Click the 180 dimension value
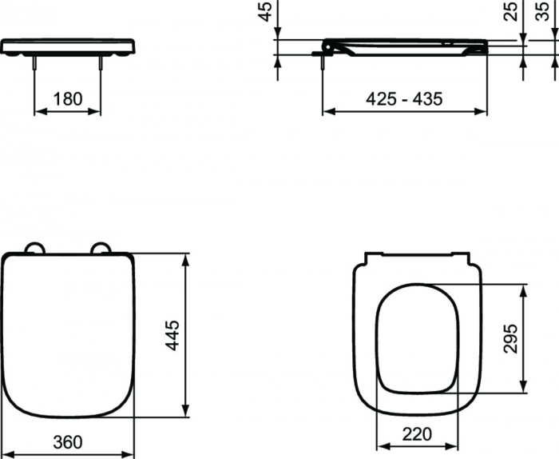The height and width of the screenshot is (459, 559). tap(68, 99)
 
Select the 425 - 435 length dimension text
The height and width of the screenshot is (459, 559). tap(404, 99)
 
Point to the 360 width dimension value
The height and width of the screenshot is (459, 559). tap(67, 442)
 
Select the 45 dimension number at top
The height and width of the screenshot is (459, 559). tap(266, 11)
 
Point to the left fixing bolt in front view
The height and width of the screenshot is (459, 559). tap(34, 64)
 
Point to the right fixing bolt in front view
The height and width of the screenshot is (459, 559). tap(101, 64)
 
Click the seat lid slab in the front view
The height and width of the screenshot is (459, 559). tap(67, 46)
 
